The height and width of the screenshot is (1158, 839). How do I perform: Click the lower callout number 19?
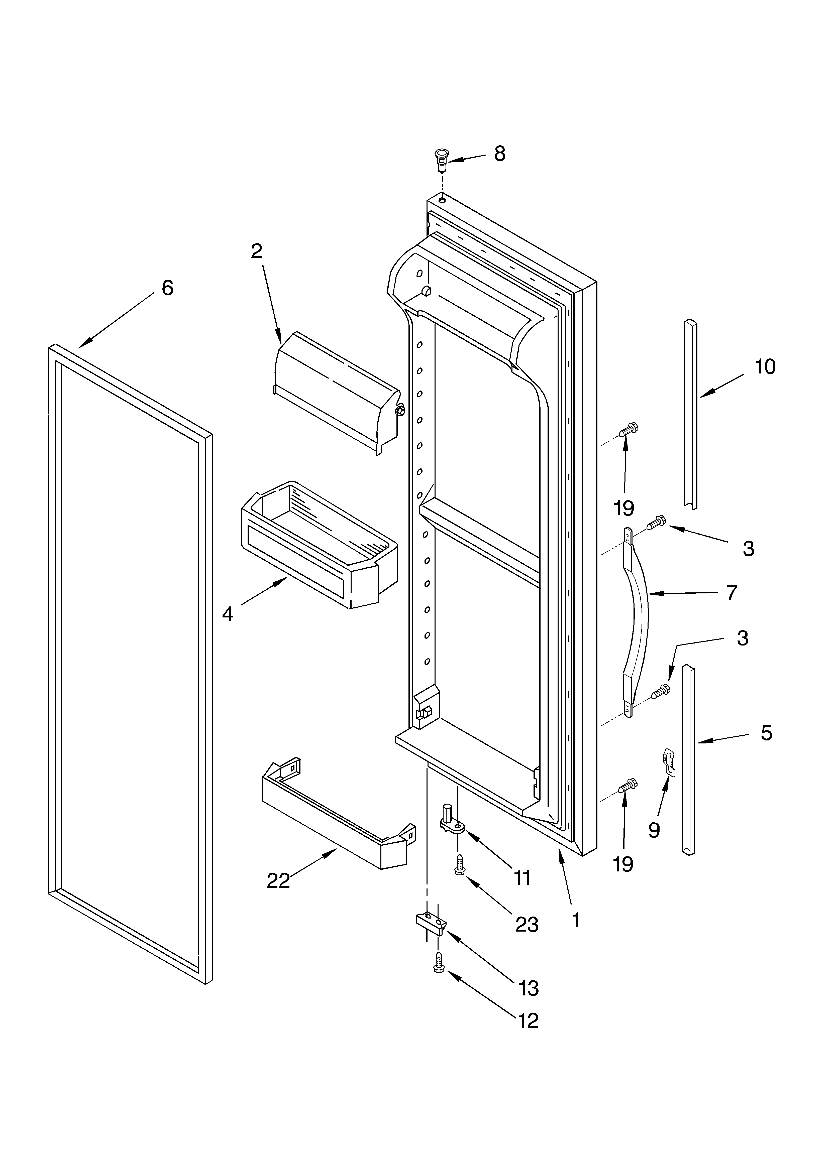pos(623,864)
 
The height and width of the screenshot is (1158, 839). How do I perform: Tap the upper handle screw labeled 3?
pos(656,522)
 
